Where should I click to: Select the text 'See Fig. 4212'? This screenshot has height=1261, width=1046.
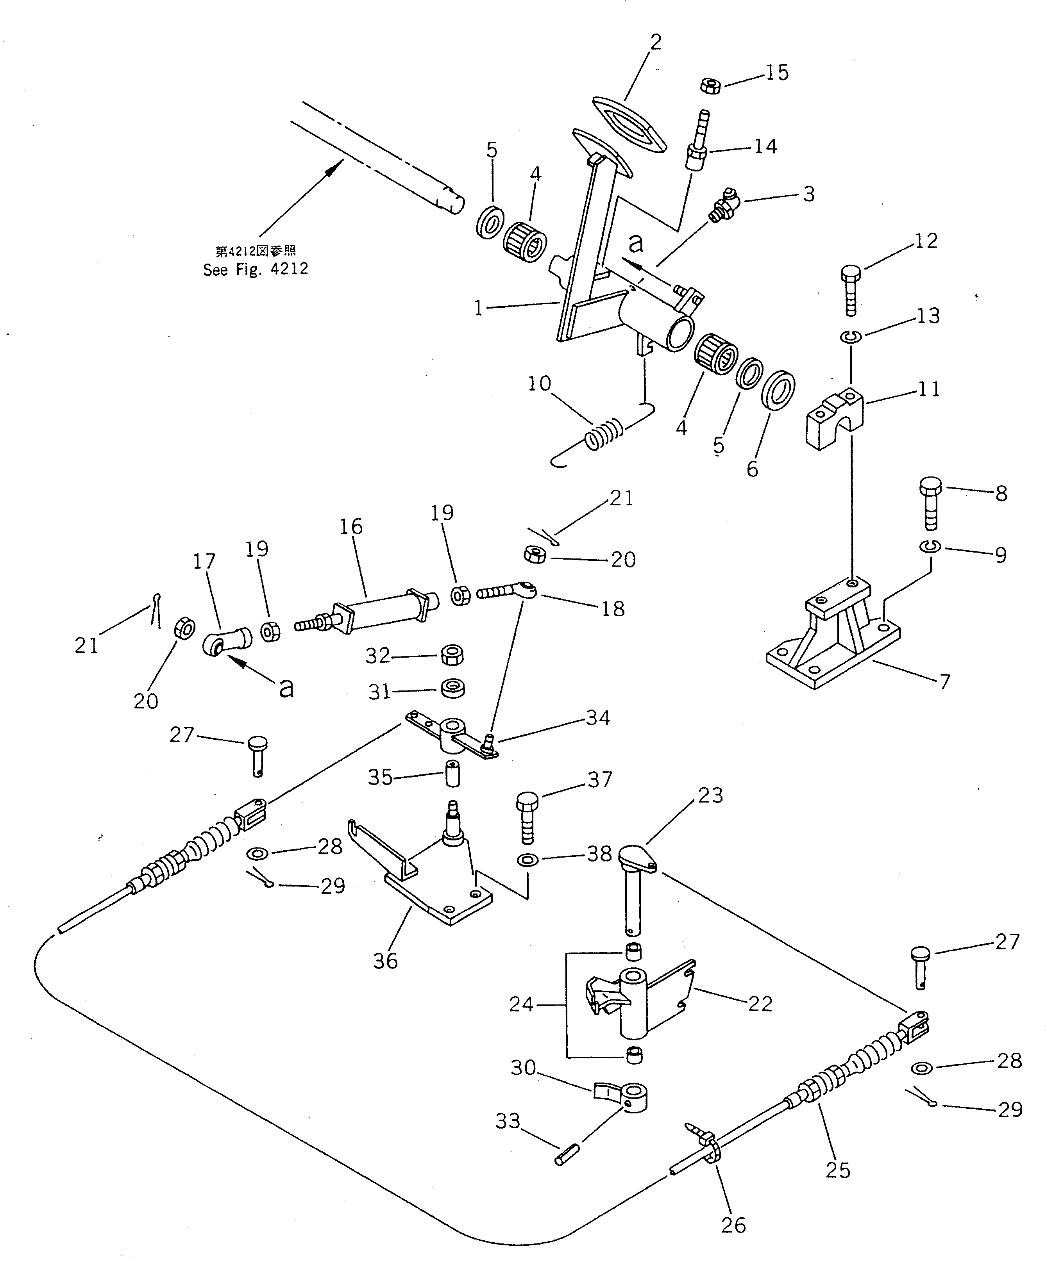[x=255, y=269]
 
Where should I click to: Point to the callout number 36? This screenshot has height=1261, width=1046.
[x=385, y=960]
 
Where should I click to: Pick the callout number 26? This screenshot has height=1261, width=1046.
[x=733, y=1225]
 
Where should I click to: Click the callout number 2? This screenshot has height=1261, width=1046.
[x=656, y=42]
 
